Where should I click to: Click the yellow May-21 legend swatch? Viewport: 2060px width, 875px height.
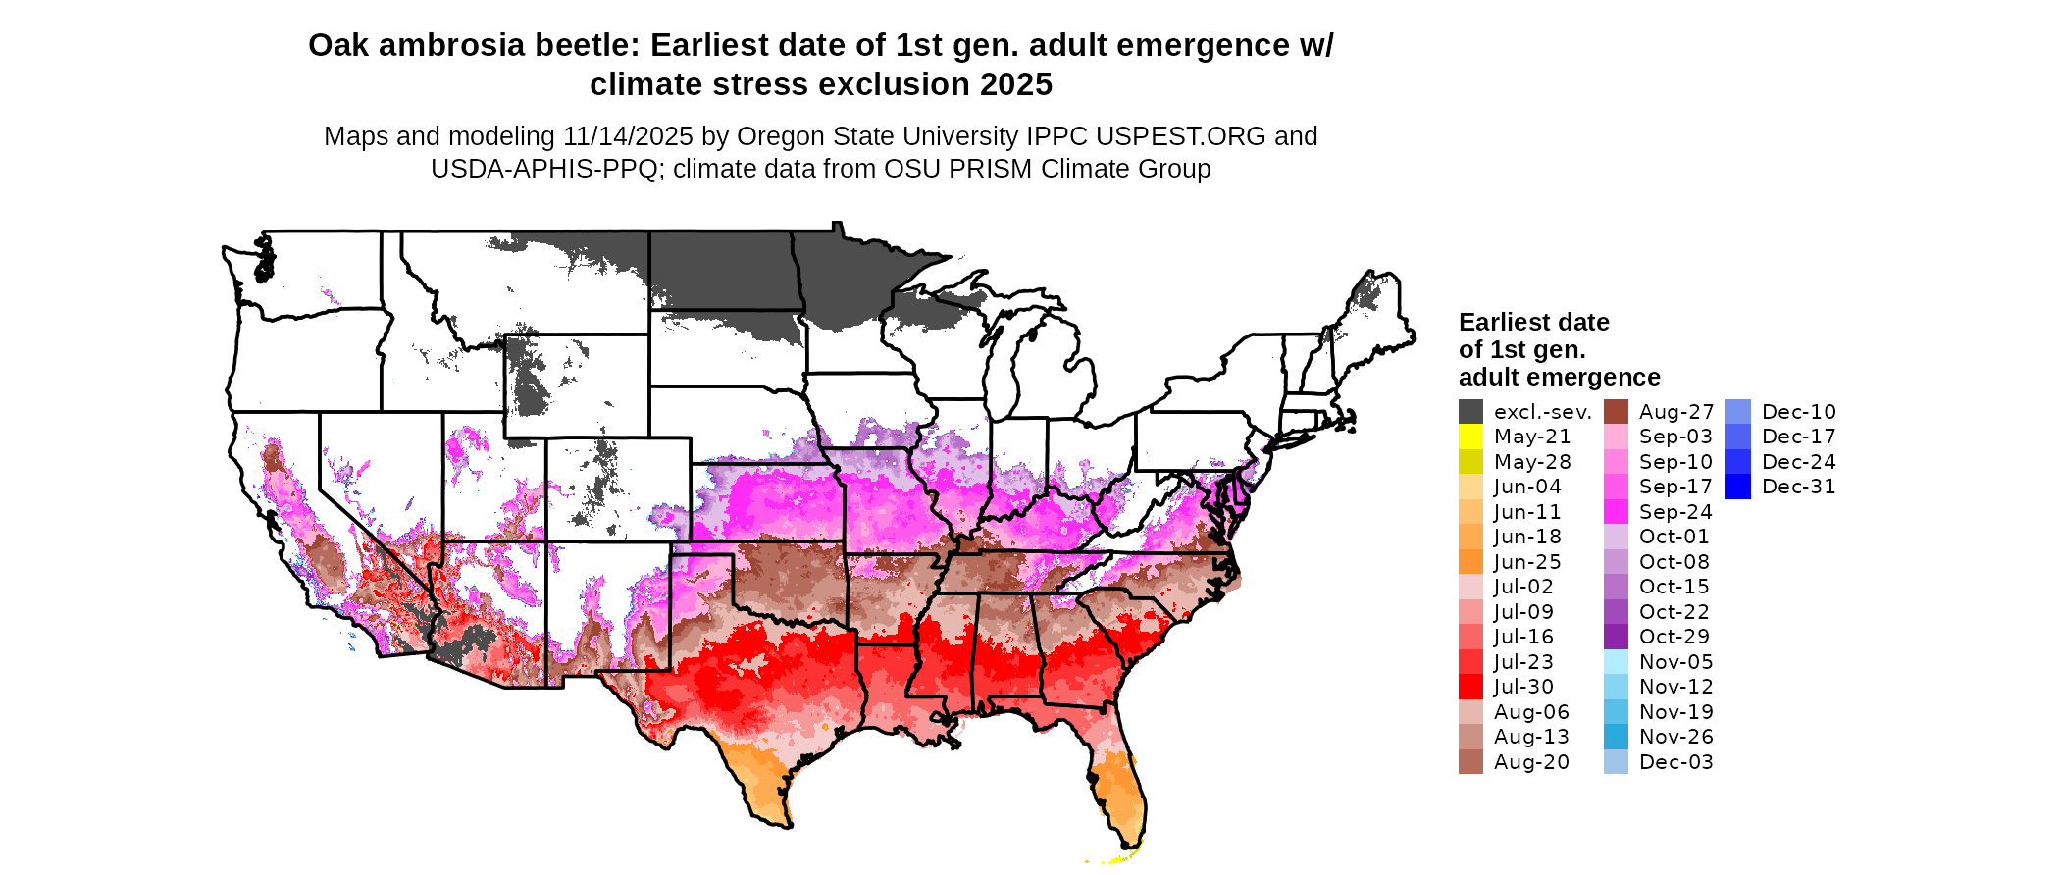click(x=1470, y=437)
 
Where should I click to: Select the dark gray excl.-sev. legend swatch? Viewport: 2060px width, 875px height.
click(x=1470, y=412)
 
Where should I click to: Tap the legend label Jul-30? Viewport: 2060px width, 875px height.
click(x=1523, y=687)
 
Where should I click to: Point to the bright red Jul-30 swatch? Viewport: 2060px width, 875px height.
click(x=1470, y=687)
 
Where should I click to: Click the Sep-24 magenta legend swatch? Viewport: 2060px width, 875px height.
click(x=1616, y=512)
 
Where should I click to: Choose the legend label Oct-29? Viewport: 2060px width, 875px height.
click(x=1674, y=637)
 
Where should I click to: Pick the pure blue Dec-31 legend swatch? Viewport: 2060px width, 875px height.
click(x=1737, y=487)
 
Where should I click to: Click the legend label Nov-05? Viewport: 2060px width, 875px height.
click(x=1675, y=662)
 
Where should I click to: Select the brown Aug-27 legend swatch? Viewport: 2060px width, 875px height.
click(x=1616, y=412)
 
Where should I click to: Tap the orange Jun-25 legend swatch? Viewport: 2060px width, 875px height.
click(x=1470, y=562)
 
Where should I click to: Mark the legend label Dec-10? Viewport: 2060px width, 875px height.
click(x=1798, y=412)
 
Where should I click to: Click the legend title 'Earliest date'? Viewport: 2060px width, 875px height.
click(x=1533, y=323)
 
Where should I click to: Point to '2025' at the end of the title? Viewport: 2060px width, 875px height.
click(x=1015, y=85)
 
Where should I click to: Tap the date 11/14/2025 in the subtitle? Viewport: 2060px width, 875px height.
click(x=628, y=136)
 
